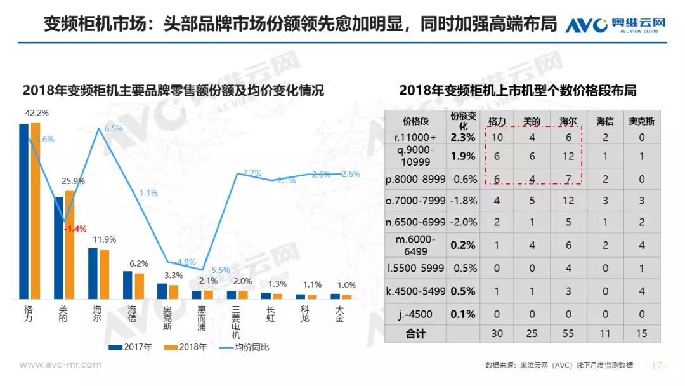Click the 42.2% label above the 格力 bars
37,113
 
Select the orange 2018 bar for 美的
70,244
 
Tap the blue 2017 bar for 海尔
93,273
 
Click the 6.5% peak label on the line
114,128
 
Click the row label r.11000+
415,137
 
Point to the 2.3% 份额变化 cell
462,137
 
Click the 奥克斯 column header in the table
641,121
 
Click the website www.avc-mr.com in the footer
61,364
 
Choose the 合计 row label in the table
415,334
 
